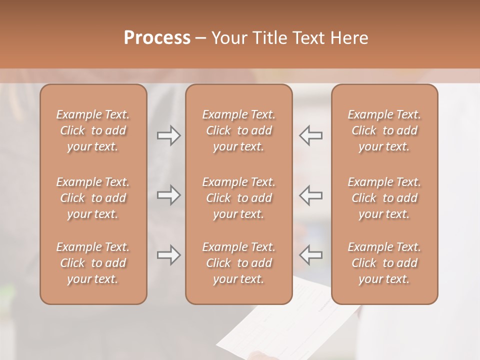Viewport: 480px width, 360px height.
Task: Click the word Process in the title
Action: pyautogui.click(x=157, y=38)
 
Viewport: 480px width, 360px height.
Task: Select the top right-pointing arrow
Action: pyautogui.click(x=169, y=135)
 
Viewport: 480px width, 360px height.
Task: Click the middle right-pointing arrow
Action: pyautogui.click(x=169, y=194)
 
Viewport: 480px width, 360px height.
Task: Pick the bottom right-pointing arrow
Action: pyautogui.click(x=169, y=255)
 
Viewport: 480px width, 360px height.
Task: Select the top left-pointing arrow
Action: pyautogui.click(x=310, y=135)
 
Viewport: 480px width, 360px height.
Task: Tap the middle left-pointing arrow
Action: pyautogui.click(x=310, y=194)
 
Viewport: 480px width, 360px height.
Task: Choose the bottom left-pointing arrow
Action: pyautogui.click(x=310, y=255)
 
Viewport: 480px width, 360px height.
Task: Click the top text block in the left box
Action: pyautogui.click(x=93, y=130)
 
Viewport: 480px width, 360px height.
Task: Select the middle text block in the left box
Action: pyautogui.click(x=93, y=198)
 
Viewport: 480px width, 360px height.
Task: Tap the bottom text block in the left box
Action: pyautogui.click(x=93, y=263)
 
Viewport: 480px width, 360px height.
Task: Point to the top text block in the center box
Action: pyautogui.click(x=238, y=130)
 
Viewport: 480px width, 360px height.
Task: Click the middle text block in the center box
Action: pyautogui.click(x=238, y=198)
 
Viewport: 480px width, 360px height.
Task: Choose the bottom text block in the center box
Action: pyautogui.click(x=238, y=263)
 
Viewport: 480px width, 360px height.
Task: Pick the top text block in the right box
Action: pyautogui.click(x=384, y=130)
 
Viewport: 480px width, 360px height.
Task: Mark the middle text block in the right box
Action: pyautogui.click(x=384, y=198)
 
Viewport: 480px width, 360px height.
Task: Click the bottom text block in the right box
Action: pyautogui.click(x=384, y=263)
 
